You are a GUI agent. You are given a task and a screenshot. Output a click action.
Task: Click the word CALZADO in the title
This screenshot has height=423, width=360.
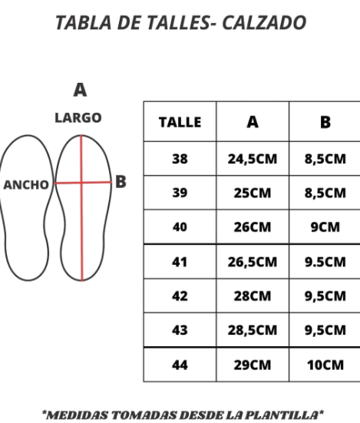(264, 23)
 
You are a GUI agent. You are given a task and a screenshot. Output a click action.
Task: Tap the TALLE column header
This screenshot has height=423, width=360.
(180, 122)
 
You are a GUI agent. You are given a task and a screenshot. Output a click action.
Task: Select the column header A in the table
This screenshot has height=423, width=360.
(253, 122)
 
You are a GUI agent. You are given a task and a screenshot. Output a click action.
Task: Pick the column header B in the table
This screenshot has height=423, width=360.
(325, 122)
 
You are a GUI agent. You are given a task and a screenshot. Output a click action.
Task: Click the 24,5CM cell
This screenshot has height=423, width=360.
(253, 159)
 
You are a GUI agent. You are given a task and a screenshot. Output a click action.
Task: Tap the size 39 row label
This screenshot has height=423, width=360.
(180, 193)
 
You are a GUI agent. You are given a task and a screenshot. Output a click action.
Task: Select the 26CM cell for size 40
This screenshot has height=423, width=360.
(253, 227)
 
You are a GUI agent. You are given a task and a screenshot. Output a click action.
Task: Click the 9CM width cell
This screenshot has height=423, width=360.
(325, 227)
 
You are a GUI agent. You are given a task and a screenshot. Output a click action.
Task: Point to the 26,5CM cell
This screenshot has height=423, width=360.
(253, 262)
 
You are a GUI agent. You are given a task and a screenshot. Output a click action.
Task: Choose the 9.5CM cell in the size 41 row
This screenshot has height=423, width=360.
(325, 262)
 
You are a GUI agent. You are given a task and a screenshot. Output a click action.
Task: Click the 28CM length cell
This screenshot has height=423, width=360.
(253, 296)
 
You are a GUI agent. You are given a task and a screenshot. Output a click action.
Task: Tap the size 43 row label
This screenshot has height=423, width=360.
(180, 330)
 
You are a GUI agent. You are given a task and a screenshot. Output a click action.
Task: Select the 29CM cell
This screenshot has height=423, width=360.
(253, 365)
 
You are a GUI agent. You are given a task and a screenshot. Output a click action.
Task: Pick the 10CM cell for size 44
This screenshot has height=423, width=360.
(325, 365)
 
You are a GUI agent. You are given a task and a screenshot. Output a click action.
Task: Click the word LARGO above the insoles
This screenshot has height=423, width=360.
(78, 118)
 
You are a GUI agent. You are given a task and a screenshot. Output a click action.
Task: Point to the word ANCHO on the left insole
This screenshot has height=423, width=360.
(26, 185)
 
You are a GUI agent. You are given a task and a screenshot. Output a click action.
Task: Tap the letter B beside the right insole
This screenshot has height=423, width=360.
(121, 181)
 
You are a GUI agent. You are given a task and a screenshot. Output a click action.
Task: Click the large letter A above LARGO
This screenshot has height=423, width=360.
(80, 90)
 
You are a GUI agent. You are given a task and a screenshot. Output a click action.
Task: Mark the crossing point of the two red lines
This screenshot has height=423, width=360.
(81, 183)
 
